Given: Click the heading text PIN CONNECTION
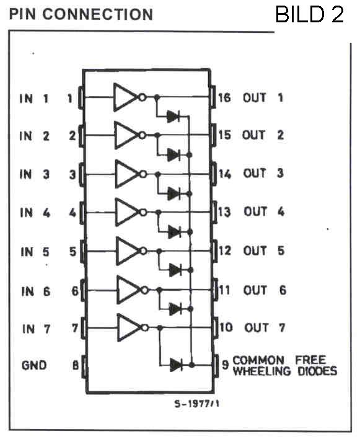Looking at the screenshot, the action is (x=81, y=14).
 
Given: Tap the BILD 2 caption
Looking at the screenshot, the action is (x=309, y=14).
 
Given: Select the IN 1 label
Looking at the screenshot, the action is (x=34, y=99).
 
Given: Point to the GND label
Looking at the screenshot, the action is (x=34, y=365).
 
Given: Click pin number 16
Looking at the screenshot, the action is (x=225, y=98).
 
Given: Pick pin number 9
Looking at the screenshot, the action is (x=225, y=365).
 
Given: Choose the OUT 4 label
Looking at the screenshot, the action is (x=264, y=211).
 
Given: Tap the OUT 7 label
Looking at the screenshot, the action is (x=265, y=327).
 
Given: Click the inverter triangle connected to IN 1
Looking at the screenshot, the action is (x=126, y=97).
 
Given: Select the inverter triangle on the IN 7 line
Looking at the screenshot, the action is (x=129, y=327).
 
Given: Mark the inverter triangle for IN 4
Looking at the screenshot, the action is (x=127, y=212).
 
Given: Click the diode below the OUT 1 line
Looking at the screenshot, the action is (x=173, y=116).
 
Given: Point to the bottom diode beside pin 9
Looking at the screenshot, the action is (x=176, y=365).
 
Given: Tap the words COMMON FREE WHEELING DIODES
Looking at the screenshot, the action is (x=285, y=366).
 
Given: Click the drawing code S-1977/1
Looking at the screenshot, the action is (x=196, y=404).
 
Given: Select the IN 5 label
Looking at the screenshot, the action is (x=35, y=252).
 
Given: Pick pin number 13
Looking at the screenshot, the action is (x=225, y=212).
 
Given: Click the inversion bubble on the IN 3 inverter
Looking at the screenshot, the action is (x=143, y=174).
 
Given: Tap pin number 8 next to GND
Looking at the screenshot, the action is (x=76, y=365).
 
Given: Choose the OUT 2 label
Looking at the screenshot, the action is (x=263, y=135).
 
